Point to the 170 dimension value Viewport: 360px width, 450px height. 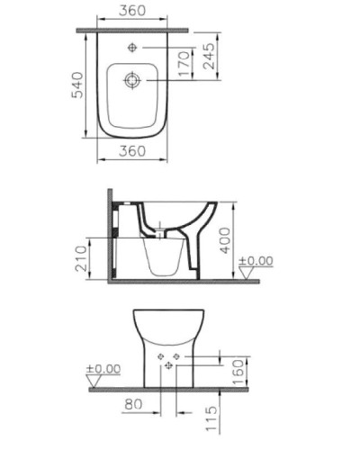(184, 64)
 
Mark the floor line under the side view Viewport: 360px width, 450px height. (180, 282)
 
